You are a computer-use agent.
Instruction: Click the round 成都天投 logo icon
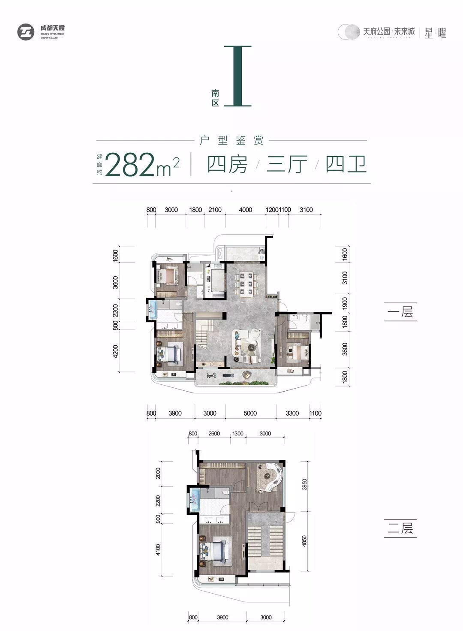point(26,32)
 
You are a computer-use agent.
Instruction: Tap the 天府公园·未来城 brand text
point(389,31)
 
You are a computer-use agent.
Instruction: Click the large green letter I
point(237,76)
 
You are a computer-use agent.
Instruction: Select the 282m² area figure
point(142,165)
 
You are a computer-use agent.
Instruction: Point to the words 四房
point(227,164)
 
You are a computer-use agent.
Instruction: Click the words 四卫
point(346,164)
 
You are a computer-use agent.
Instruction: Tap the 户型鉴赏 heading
point(231,140)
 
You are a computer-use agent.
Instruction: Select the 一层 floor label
point(400,311)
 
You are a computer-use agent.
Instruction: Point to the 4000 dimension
point(245,210)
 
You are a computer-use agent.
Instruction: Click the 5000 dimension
point(250,413)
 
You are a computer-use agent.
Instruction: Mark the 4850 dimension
point(304,541)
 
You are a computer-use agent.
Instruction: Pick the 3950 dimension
point(304,485)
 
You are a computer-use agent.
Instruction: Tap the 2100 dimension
point(215,210)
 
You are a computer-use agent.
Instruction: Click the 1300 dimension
point(238,434)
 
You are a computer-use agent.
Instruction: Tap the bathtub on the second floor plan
point(195,498)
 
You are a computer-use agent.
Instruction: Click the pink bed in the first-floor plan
point(169,275)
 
